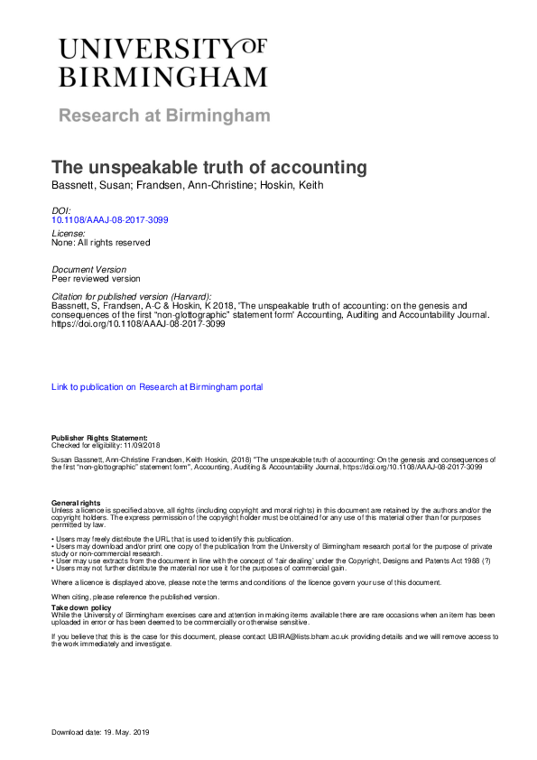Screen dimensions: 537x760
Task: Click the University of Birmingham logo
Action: pos(163,62)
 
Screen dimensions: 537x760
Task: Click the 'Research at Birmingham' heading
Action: pos(164,116)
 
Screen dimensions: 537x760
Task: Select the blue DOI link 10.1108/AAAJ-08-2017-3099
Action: pos(110,219)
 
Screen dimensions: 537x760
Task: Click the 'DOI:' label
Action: pos(61,210)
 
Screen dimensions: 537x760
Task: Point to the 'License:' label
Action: pos(69,233)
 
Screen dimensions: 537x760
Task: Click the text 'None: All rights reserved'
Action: pos(101,242)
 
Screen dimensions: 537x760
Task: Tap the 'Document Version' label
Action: pos(89,270)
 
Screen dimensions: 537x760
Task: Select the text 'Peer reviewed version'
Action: pos(97,279)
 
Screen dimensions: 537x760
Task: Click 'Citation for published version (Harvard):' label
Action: pos(132,297)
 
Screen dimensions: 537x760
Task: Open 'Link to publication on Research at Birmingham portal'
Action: pos(157,387)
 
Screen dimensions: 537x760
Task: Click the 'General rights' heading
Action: pos(76,502)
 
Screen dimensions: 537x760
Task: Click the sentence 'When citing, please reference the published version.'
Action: pos(134,597)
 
